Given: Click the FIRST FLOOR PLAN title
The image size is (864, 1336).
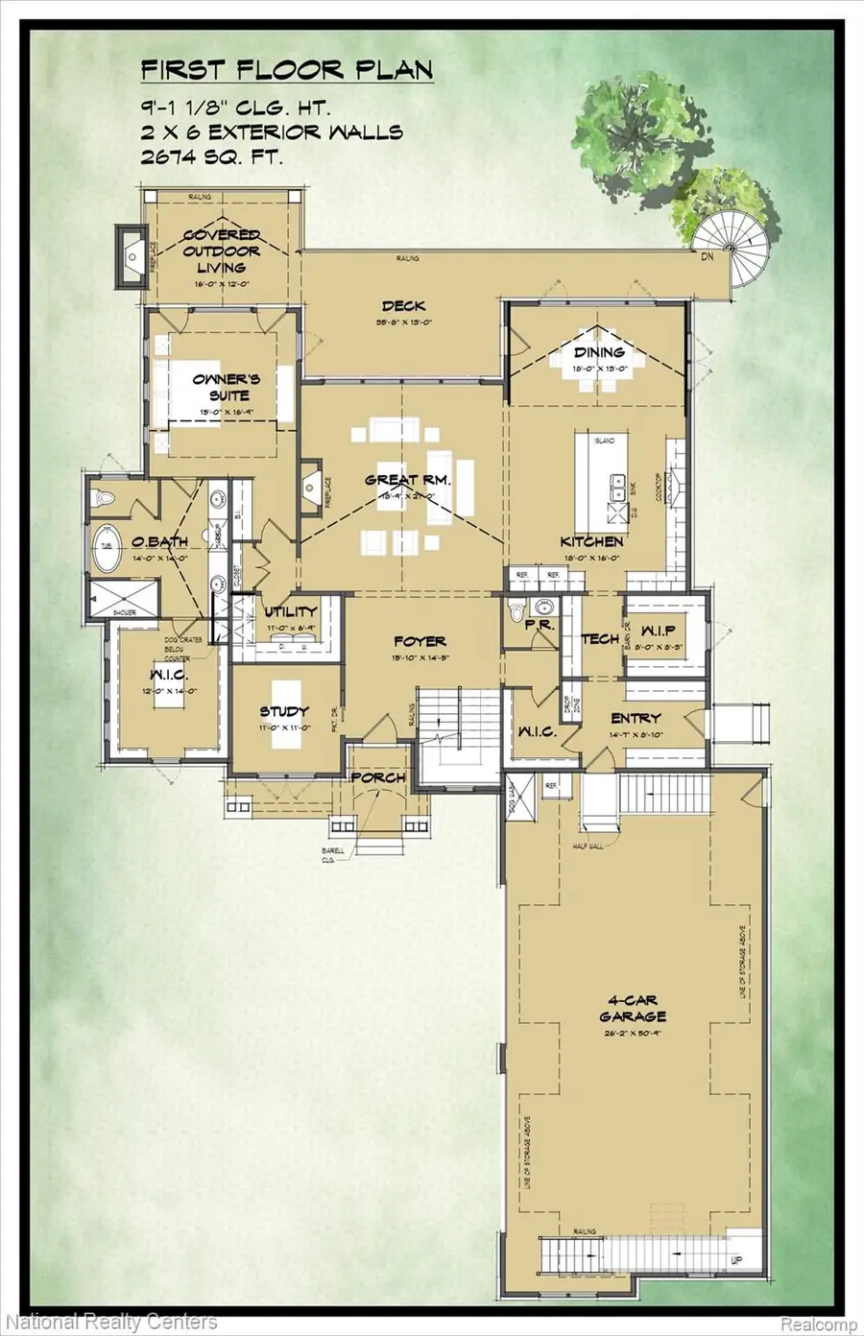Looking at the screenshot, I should (286, 71).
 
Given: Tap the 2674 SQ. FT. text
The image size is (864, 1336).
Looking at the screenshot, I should (211, 158).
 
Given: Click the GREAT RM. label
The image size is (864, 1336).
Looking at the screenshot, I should (407, 480).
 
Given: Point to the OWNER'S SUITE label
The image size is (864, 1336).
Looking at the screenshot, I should (221, 387).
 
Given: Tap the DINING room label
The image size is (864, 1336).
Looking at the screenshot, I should (599, 352).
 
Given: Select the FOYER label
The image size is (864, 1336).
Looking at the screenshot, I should (420, 641).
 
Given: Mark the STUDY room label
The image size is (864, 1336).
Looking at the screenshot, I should (284, 711).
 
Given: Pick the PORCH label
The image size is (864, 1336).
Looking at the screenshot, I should (378, 777).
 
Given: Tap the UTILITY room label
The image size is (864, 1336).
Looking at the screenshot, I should (291, 611).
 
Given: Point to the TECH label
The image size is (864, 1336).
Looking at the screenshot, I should (600, 639).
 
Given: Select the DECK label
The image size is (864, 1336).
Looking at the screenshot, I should (402, 306).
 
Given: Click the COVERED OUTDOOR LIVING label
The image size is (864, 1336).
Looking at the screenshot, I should (222, 251).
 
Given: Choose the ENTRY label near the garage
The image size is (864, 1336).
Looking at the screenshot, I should (636, 718).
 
